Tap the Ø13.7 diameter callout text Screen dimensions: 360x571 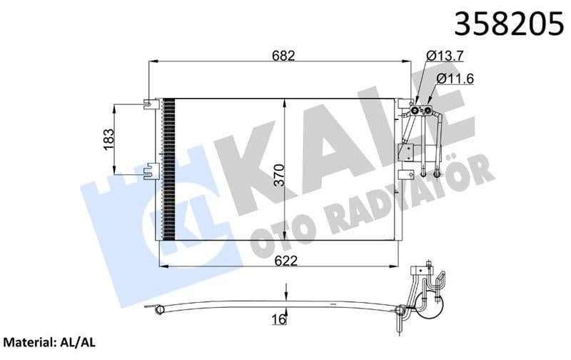click(x=446, y=55)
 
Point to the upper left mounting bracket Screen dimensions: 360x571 click(x=149, y=104)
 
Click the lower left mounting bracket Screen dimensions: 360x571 click(x=149, y=171)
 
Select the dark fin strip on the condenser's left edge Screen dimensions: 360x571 click(x=168, y=170)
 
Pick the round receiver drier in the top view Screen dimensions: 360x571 click(x=430, y=308)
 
